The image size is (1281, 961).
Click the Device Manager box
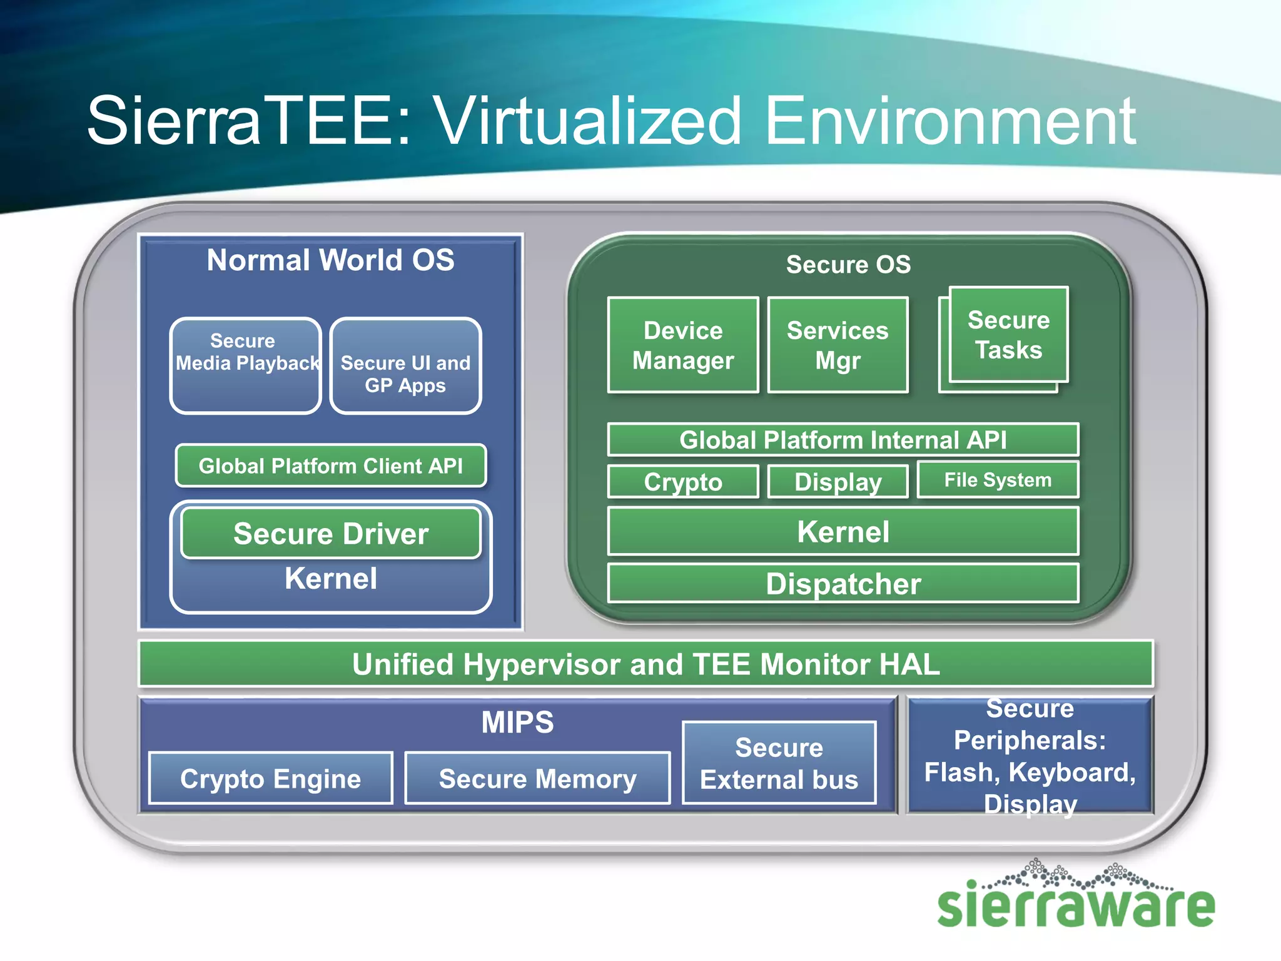tap(683, 345)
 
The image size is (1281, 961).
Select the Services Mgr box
tap(838, 345)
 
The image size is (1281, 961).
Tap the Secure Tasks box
tap(1008, 335)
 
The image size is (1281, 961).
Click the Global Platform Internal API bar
tap(843, 440)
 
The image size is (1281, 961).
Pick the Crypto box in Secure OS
tap(683, 482)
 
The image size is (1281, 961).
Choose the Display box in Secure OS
tap(838, 482)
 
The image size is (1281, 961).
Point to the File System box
tap(998, 480)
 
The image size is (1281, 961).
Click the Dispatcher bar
tap(843, 584)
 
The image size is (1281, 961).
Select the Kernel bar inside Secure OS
tap(843, 532)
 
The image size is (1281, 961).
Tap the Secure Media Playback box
tap(245, 366)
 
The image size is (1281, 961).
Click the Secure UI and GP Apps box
tap(405, 366)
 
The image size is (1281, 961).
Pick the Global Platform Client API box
tap(330, 465)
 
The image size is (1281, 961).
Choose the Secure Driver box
tap(330, 534)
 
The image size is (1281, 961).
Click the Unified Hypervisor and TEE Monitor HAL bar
tap(646, 664)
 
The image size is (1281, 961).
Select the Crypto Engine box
tap(270, 779)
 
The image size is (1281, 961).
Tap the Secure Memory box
tap(537, 779)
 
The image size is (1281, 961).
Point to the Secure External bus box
tap(779, 763)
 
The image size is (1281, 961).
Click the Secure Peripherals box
tap(1030, 756)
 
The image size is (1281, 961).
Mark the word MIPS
tap(517, 722)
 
